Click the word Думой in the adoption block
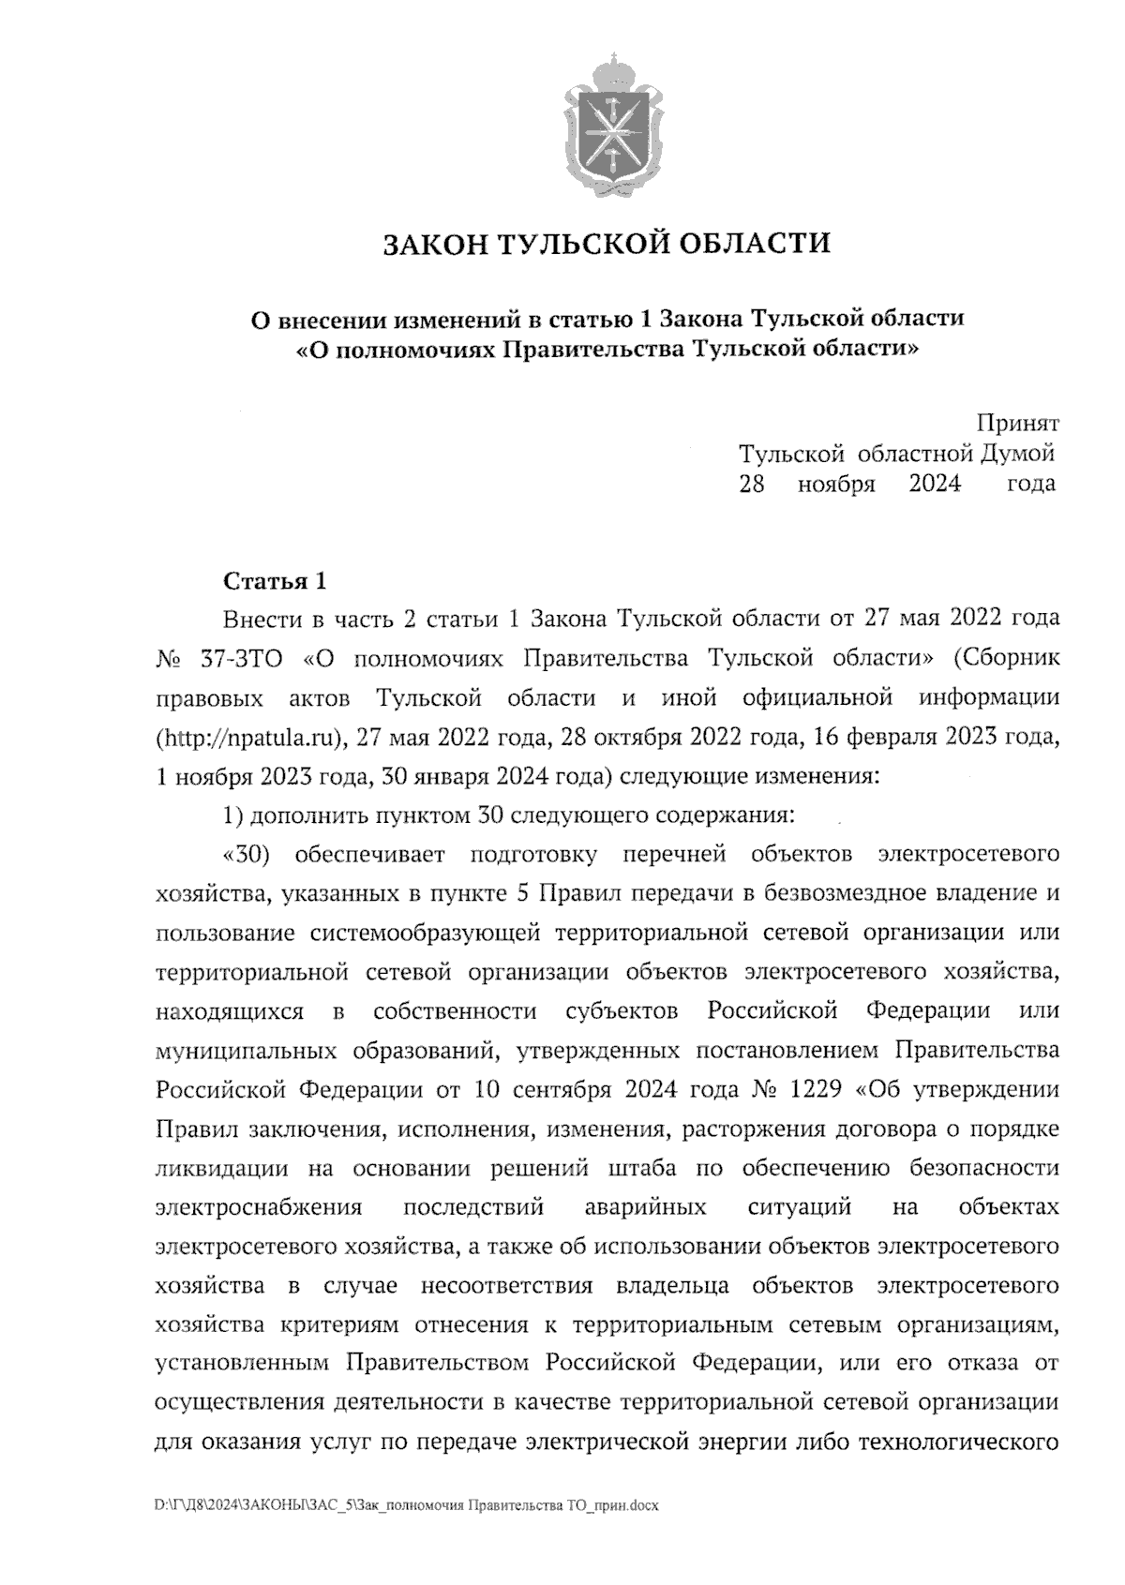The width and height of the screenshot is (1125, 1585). tap(1017, 455)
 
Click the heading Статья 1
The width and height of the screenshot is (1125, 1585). tap(275, 582)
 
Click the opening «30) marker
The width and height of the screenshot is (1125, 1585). tap(248, 855)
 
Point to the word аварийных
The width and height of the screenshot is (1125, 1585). tap(645, 1208)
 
